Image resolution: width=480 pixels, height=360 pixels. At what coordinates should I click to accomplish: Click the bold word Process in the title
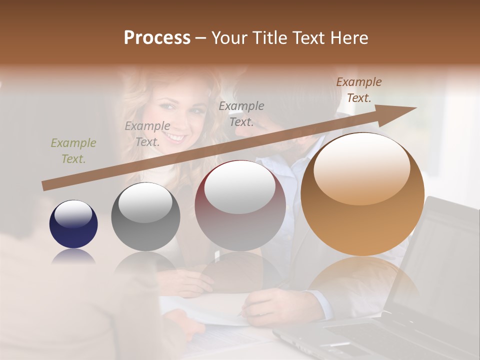point(157,38)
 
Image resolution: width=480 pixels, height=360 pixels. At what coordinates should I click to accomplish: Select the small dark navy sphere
point(73,224)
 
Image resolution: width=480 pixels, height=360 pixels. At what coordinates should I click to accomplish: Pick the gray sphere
point(145,216)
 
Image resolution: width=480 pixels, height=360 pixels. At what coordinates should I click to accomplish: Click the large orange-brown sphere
point(362,194)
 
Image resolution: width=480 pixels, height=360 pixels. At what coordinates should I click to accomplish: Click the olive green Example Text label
point(73,150)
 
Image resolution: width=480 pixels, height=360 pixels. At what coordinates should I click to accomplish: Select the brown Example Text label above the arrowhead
point(358,89)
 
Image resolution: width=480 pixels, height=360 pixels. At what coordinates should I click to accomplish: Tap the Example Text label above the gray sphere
point(147,133)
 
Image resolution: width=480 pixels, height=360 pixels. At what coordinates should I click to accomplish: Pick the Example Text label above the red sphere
point(241,113)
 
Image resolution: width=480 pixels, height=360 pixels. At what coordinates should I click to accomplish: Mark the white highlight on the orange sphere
point(361,169)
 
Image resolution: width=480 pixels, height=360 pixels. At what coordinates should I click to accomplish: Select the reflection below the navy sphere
point(73,257)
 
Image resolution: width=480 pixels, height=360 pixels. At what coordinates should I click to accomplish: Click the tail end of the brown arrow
point(45,186)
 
